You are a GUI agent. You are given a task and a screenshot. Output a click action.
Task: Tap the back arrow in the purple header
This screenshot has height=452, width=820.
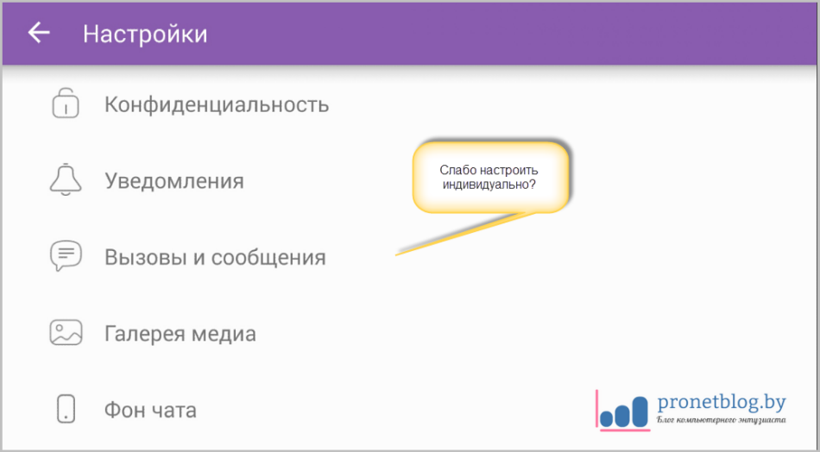coord(39,34)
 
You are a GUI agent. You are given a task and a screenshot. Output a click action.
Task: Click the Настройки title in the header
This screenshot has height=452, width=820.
coord(145,35)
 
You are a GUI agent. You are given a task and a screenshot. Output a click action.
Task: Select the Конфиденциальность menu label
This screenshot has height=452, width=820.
coord(217,105)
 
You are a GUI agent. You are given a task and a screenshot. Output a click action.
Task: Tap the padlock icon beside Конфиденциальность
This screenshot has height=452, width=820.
coord(66,104)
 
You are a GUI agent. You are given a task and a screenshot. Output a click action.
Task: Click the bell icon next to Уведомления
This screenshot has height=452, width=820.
coord(66,179)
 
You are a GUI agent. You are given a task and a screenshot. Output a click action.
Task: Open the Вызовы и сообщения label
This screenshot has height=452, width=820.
coord(215,257)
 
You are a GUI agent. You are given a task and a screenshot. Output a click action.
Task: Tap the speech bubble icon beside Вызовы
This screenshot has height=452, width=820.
coord(66,256)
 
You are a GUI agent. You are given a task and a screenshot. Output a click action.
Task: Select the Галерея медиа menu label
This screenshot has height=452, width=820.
coord(180,333)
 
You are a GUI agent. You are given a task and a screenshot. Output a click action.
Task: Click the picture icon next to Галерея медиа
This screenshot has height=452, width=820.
coord(66,332)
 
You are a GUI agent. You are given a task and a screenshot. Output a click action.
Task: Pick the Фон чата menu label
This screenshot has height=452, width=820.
coord(150,409)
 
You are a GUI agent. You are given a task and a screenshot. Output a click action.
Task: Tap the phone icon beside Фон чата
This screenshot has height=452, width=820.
coord(66,408)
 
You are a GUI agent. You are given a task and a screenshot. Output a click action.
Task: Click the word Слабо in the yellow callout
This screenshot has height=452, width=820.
coord(457,170)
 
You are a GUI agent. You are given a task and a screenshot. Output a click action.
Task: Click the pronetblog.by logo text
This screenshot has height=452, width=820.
coord(722,401)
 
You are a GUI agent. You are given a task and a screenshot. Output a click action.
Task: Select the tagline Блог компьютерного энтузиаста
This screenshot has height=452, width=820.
coord(722,420)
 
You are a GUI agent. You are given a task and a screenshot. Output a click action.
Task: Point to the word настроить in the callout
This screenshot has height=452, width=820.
coord(508,170)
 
